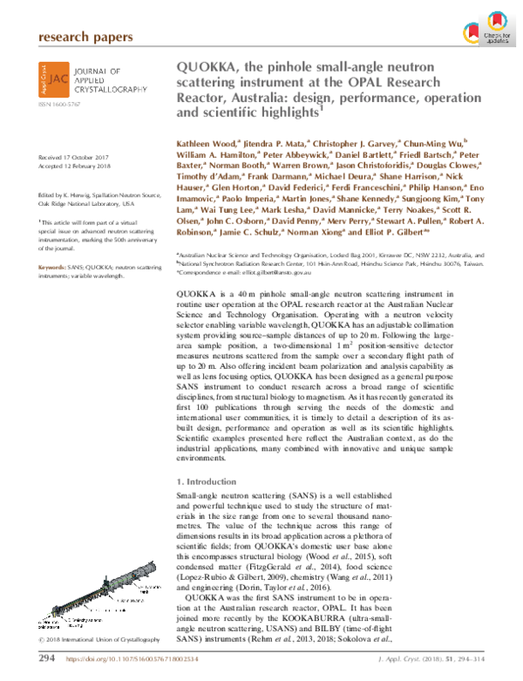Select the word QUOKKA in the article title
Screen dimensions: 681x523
(x=212, y=67)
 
